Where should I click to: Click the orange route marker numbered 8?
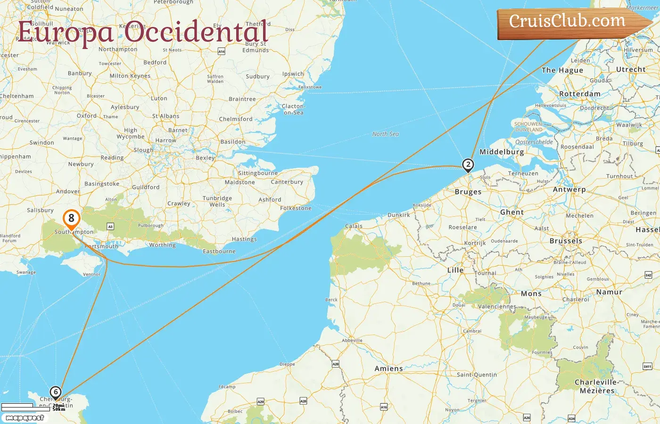pyautogui.click(x=71, y=218)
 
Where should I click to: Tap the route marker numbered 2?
pyautogui.click(x=468, y=164)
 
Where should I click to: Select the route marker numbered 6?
pyautogui.click(x=56, y=392)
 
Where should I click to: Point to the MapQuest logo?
pyautogui.click(x=25, y=418)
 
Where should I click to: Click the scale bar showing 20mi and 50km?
pyautogui.click(x=33, y=407)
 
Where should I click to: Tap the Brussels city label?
pyautogui.click(x=566, y=241)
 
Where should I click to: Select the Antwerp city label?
pyautogui.click(x=569, y=189)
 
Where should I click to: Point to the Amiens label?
pyautogui.click(x=388, y=368)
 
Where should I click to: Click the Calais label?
pyautogui.click(x=354, y=226)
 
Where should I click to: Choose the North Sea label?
pyautogui.click(x=385, y=134)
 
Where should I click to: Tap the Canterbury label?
pyautogui.click(x=287, y=182)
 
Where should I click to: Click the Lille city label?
pyautogui.click(x=455, y=270)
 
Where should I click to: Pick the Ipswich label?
pyautogui.click(x=293, y=74)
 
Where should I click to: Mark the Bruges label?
pyautogui.click(x=468, y=192)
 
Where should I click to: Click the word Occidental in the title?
pyautogui.click(x=197, y=32)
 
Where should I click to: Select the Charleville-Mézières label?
pyautogui.click(x=596, y=386)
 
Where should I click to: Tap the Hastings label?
pyautogui.click(x=244, y=239)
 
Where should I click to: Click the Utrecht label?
pyautogui.click(x=631, y=69)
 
